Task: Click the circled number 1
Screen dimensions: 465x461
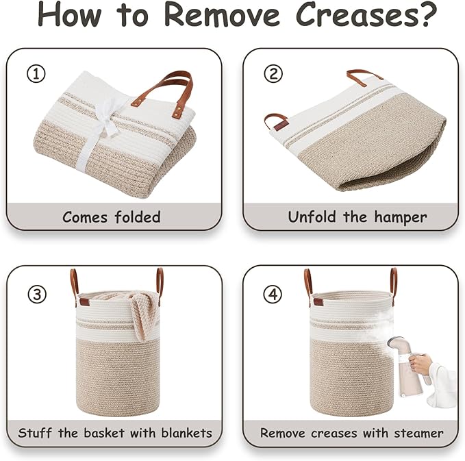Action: (x=36, y=74)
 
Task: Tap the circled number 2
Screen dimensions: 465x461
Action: (x=273, y=73)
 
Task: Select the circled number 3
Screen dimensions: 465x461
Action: (x=37, y=294)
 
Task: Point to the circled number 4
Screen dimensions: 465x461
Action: (x=273, y=294)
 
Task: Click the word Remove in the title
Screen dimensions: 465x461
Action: (x=222, y=15)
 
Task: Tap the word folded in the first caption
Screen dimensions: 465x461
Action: (x=138, y=217)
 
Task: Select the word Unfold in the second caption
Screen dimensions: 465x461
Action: (x=312, y=216)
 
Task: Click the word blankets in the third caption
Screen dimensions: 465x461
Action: (x=187, y=433)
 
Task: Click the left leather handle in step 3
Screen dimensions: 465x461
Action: (x=74, y=287)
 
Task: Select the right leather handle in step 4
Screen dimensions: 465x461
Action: (x=393, y=286)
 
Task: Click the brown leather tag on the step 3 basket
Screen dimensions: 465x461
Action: (x=84, y=302)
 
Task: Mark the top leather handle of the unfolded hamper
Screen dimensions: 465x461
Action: (x=364, y=75)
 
